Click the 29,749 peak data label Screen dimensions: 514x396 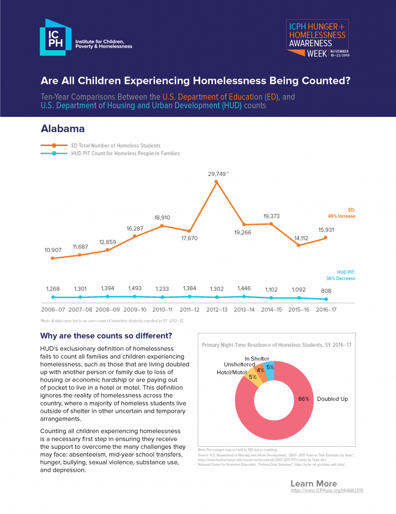(217, 174)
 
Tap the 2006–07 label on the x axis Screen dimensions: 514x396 (53, 310)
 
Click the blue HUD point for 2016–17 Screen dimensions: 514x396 (326, 299)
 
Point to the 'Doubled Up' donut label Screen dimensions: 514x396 (332, 399)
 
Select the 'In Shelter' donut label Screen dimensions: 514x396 (257, 358)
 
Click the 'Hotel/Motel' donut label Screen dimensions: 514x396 (232, 372)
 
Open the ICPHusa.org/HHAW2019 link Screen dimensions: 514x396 (327, 490)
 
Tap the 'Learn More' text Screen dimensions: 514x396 (314, 483)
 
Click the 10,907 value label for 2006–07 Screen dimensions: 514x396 (52, 250)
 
